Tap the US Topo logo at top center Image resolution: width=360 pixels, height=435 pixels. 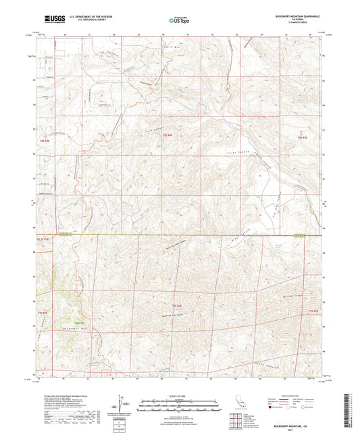(179, 20)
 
